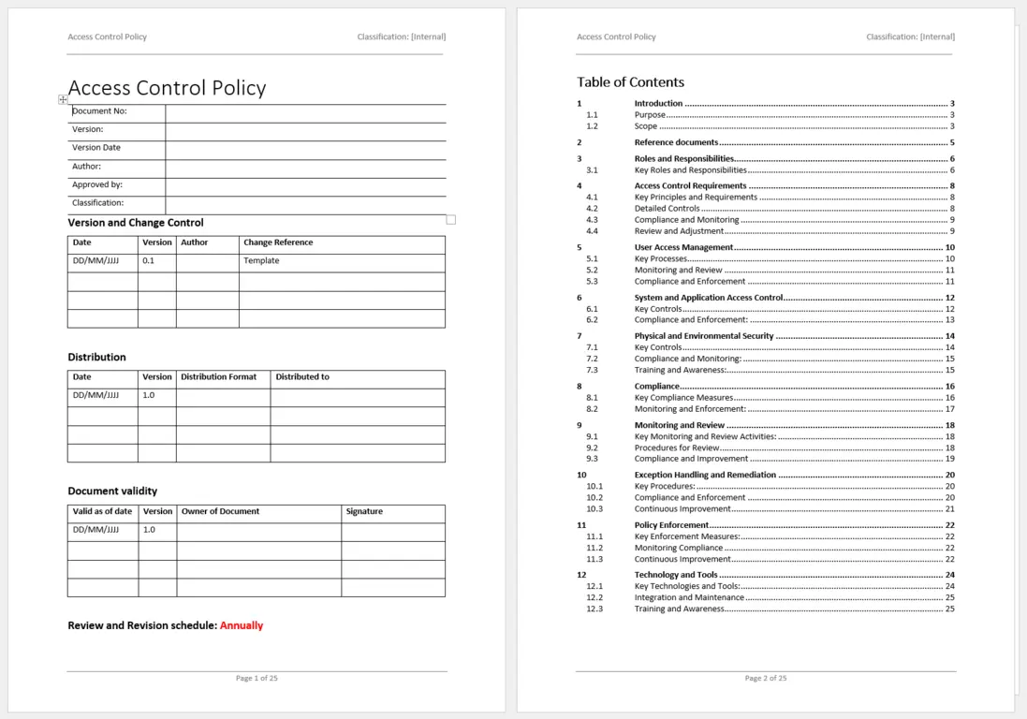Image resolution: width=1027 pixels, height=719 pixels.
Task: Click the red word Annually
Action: point(242,625)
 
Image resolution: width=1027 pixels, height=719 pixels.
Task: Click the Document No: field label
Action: point(99,111)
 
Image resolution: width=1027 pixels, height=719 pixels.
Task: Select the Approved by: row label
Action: point(97,184)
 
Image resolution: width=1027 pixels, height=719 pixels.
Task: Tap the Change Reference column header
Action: point(278,242)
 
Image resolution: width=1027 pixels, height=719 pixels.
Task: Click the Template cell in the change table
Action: point(261,261)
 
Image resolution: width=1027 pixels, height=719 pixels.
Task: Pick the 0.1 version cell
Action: point(148,261)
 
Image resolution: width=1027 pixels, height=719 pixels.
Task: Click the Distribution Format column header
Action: point(218,377)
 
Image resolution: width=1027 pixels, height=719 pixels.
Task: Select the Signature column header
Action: point(364,512)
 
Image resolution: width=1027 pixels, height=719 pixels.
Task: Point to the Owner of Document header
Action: point(220,512)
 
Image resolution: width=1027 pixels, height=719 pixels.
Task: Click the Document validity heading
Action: point(112,491)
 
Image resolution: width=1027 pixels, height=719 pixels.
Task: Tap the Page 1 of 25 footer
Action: point(257,678)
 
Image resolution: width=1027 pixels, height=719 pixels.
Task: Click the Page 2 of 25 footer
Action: point(766,678)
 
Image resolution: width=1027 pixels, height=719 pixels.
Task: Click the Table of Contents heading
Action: point(630,82)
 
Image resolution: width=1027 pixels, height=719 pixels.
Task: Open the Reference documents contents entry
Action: point(676,142)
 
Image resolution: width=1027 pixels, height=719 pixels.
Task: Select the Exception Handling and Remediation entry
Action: point(705,475)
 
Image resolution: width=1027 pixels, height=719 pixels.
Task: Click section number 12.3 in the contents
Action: point(594,609)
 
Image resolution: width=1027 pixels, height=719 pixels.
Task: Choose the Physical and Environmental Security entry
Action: point(704,336)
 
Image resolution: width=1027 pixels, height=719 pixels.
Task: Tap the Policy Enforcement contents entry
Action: point(671,525)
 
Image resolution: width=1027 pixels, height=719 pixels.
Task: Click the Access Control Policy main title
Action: point(167,88)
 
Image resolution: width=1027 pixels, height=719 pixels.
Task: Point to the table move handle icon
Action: point(63,99)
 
